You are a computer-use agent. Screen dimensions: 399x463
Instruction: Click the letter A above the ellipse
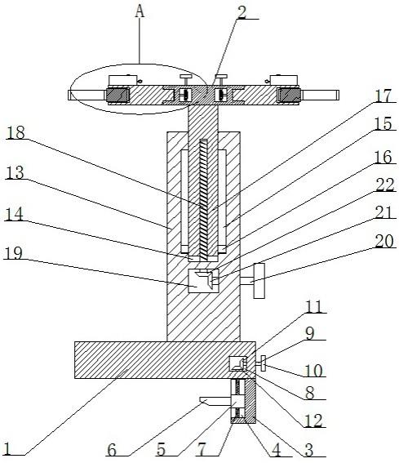[x=140, y=12]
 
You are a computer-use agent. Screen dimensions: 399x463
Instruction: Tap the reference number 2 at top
[x=242, y=11]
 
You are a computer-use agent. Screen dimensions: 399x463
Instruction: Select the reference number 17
[x=383, y=96]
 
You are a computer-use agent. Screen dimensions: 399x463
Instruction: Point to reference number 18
[x=16, y=132]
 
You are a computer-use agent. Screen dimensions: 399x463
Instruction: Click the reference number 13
[x=15, y=173]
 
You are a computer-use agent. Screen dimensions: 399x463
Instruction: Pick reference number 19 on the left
[x=13, y=253]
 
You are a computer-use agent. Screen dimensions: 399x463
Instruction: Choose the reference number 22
[x=385, y=185]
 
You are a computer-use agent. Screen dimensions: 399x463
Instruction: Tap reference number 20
[x=384, y=241]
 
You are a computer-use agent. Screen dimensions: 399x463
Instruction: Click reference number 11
[x=314, y=307]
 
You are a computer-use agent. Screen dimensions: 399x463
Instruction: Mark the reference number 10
[x=313, y=371]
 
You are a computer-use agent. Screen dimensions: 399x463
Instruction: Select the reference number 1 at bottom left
[x=7, y=449]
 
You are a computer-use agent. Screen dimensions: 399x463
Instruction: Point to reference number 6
[x=112, y=450]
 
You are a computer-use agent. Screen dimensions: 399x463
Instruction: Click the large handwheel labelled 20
[x=259, y=281]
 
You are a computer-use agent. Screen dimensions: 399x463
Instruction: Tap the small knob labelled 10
[x=263, y=364]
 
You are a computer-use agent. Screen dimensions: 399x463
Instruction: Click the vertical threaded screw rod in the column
[x=204, y=200]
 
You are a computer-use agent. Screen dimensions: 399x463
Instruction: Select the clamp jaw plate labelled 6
[x=215, y=401]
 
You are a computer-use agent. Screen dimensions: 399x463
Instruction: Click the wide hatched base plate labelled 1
[x=165, y=360]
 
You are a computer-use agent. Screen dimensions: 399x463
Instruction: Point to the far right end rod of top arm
[x=320, y=95]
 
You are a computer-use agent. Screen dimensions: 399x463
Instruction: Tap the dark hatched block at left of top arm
[x=117, y=96]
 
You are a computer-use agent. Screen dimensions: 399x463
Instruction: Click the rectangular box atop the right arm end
[x=284, y=80]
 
